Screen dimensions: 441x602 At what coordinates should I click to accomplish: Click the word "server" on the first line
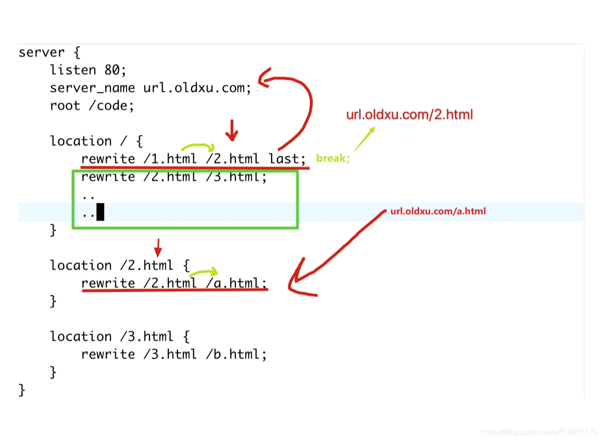[x=42, y=53]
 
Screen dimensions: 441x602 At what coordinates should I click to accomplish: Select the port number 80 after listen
[x=112, y=70]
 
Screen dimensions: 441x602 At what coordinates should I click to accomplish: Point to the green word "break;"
[x=333, y=159]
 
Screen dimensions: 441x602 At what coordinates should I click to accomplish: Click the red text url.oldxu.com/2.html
[x=409, y=115]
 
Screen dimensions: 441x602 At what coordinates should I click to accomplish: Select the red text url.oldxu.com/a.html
[x=438, y=211]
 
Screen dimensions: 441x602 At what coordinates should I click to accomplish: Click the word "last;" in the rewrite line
[x=288, y=159]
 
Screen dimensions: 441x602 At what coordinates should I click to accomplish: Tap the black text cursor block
[x=100, y=212]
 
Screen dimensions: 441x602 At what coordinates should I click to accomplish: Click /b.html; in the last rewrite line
[x=236, y=354]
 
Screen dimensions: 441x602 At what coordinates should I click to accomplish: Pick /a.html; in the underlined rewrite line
[x=236, y=283]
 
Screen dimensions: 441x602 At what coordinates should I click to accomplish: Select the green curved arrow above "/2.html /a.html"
[x=204, y=272]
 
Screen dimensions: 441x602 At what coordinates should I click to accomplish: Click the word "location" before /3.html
[x=81, y=337]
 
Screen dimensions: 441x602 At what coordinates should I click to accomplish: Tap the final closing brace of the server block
[x=22, y=390]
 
